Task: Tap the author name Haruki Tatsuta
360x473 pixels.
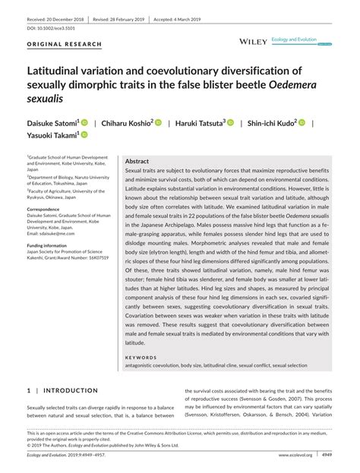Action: click(201, 122)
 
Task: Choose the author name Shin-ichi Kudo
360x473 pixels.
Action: click(271, 122)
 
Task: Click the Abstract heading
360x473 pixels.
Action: click(137, 162)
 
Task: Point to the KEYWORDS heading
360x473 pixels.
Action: click(141, 356)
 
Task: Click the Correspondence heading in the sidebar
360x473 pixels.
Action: click(48, 208)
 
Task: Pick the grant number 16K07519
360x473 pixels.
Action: click(93, 258)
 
